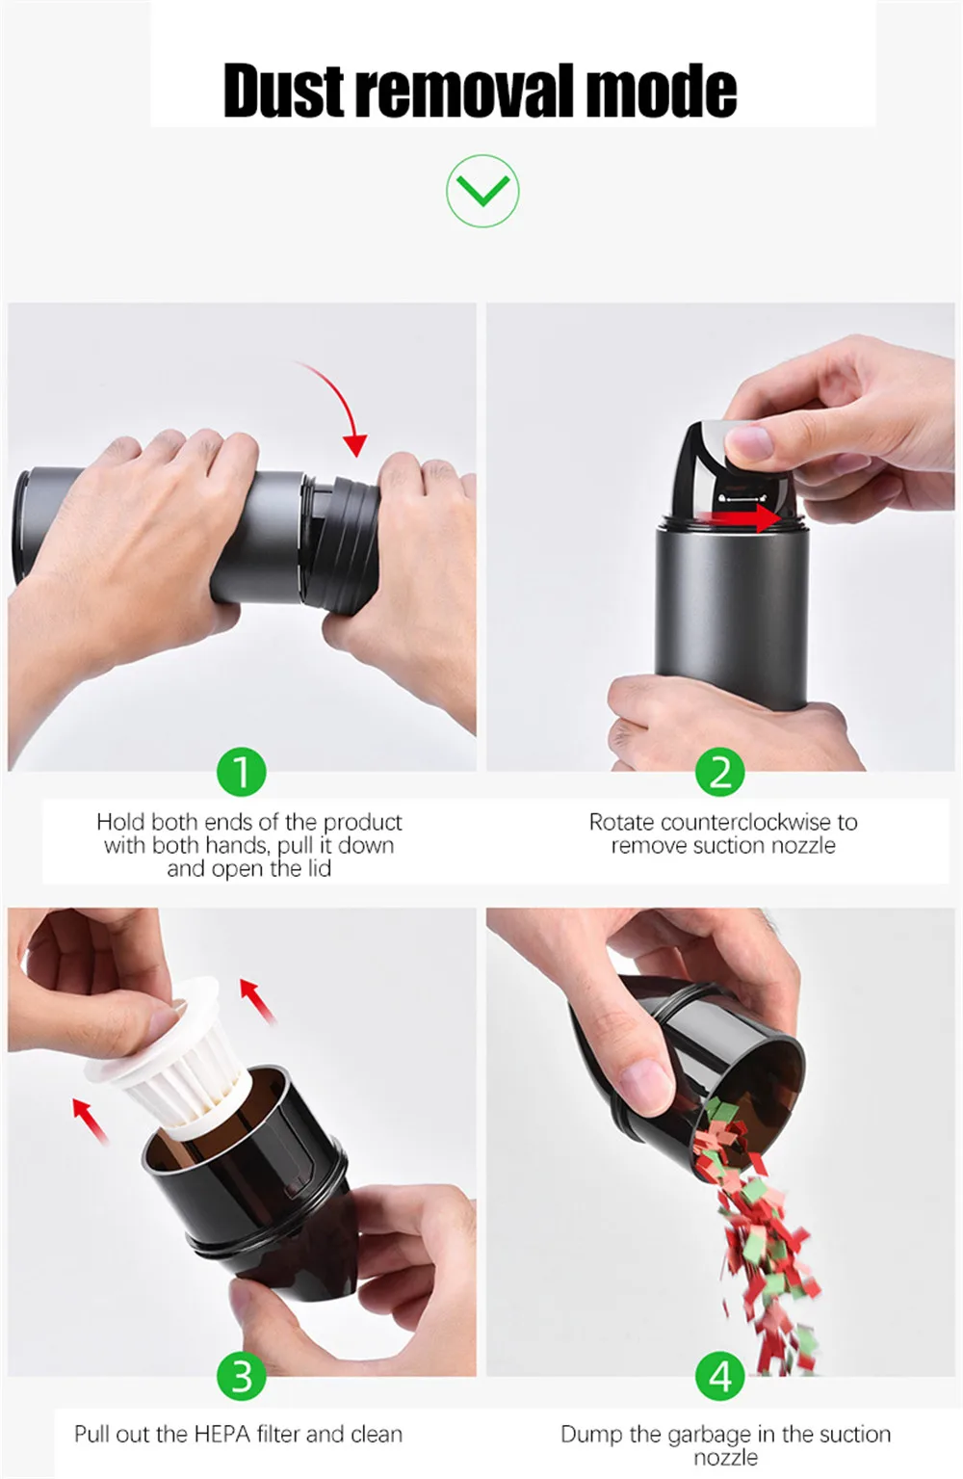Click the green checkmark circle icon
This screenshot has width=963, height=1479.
(482, 191)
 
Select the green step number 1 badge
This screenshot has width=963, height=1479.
(242, 772)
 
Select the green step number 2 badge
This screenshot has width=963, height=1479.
(720, 772)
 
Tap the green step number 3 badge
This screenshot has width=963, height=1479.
(242, 1376)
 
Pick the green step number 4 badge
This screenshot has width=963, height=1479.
(720, 1376)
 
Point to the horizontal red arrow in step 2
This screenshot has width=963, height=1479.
(748, 518)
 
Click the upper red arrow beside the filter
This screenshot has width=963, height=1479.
(258, 1001)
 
